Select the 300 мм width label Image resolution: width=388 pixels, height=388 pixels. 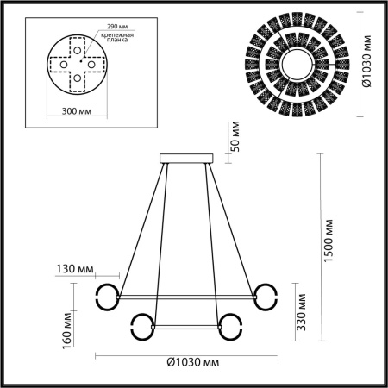78,111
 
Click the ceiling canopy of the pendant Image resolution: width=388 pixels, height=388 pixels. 187,158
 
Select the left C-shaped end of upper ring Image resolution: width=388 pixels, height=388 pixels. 106,295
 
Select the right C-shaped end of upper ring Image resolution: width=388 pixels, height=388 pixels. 267,295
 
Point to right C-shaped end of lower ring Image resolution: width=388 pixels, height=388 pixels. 231,325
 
